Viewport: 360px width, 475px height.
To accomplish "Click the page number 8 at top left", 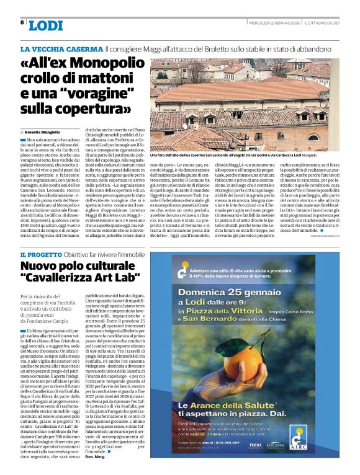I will [x=22, y=23].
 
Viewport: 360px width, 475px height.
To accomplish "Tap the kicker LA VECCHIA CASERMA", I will [x=61, y=48].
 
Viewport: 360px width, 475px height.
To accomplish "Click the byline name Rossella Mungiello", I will [x=44, y=133].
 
